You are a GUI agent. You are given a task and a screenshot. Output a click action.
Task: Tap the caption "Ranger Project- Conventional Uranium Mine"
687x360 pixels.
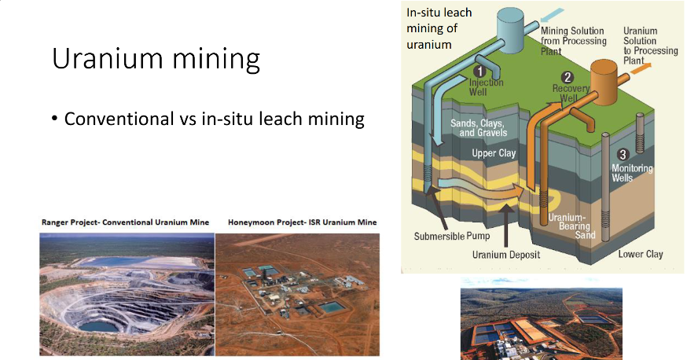point(126,222)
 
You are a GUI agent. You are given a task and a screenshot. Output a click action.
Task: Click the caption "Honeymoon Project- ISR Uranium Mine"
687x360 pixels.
point(302,222)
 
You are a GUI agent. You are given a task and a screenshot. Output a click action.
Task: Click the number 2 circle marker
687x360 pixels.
point(568,77)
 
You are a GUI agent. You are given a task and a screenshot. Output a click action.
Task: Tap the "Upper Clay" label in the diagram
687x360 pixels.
point(494,153)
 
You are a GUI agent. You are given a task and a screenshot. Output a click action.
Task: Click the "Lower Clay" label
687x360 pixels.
point(641,254)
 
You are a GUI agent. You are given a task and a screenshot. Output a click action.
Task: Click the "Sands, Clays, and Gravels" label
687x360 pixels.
point(478,129)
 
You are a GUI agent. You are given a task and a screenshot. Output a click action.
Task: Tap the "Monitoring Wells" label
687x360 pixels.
point(633,173)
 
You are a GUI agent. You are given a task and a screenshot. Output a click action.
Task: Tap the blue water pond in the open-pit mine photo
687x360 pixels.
point(97,325)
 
